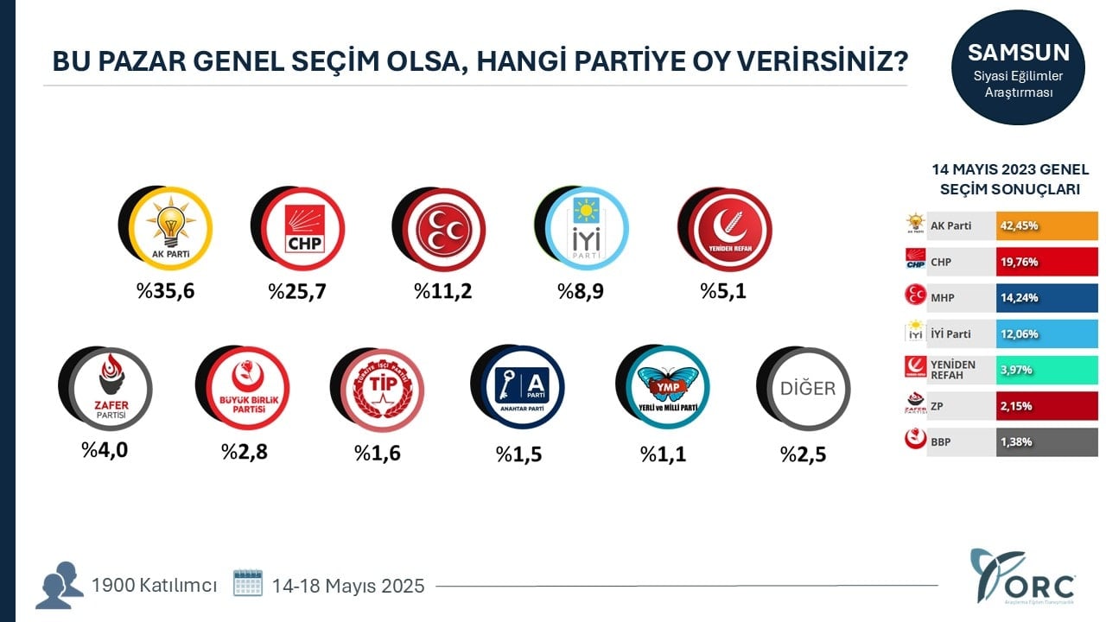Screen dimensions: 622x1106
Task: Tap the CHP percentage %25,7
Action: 297,291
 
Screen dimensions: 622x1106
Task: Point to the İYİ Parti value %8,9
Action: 582,291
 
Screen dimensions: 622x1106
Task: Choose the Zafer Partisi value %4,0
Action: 105,450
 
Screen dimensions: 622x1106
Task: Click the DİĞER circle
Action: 806,388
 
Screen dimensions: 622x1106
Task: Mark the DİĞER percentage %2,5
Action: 804,454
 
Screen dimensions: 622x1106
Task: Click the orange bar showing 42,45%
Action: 1046,225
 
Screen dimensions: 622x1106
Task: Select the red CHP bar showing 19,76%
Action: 1046,262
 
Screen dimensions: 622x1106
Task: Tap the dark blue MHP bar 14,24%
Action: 1046,298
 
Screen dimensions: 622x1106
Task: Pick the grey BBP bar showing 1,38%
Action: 1046,441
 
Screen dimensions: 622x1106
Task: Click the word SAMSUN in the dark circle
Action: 1019,52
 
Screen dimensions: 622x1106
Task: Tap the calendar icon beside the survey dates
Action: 248,583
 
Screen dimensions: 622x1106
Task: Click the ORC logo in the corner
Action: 1025,576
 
